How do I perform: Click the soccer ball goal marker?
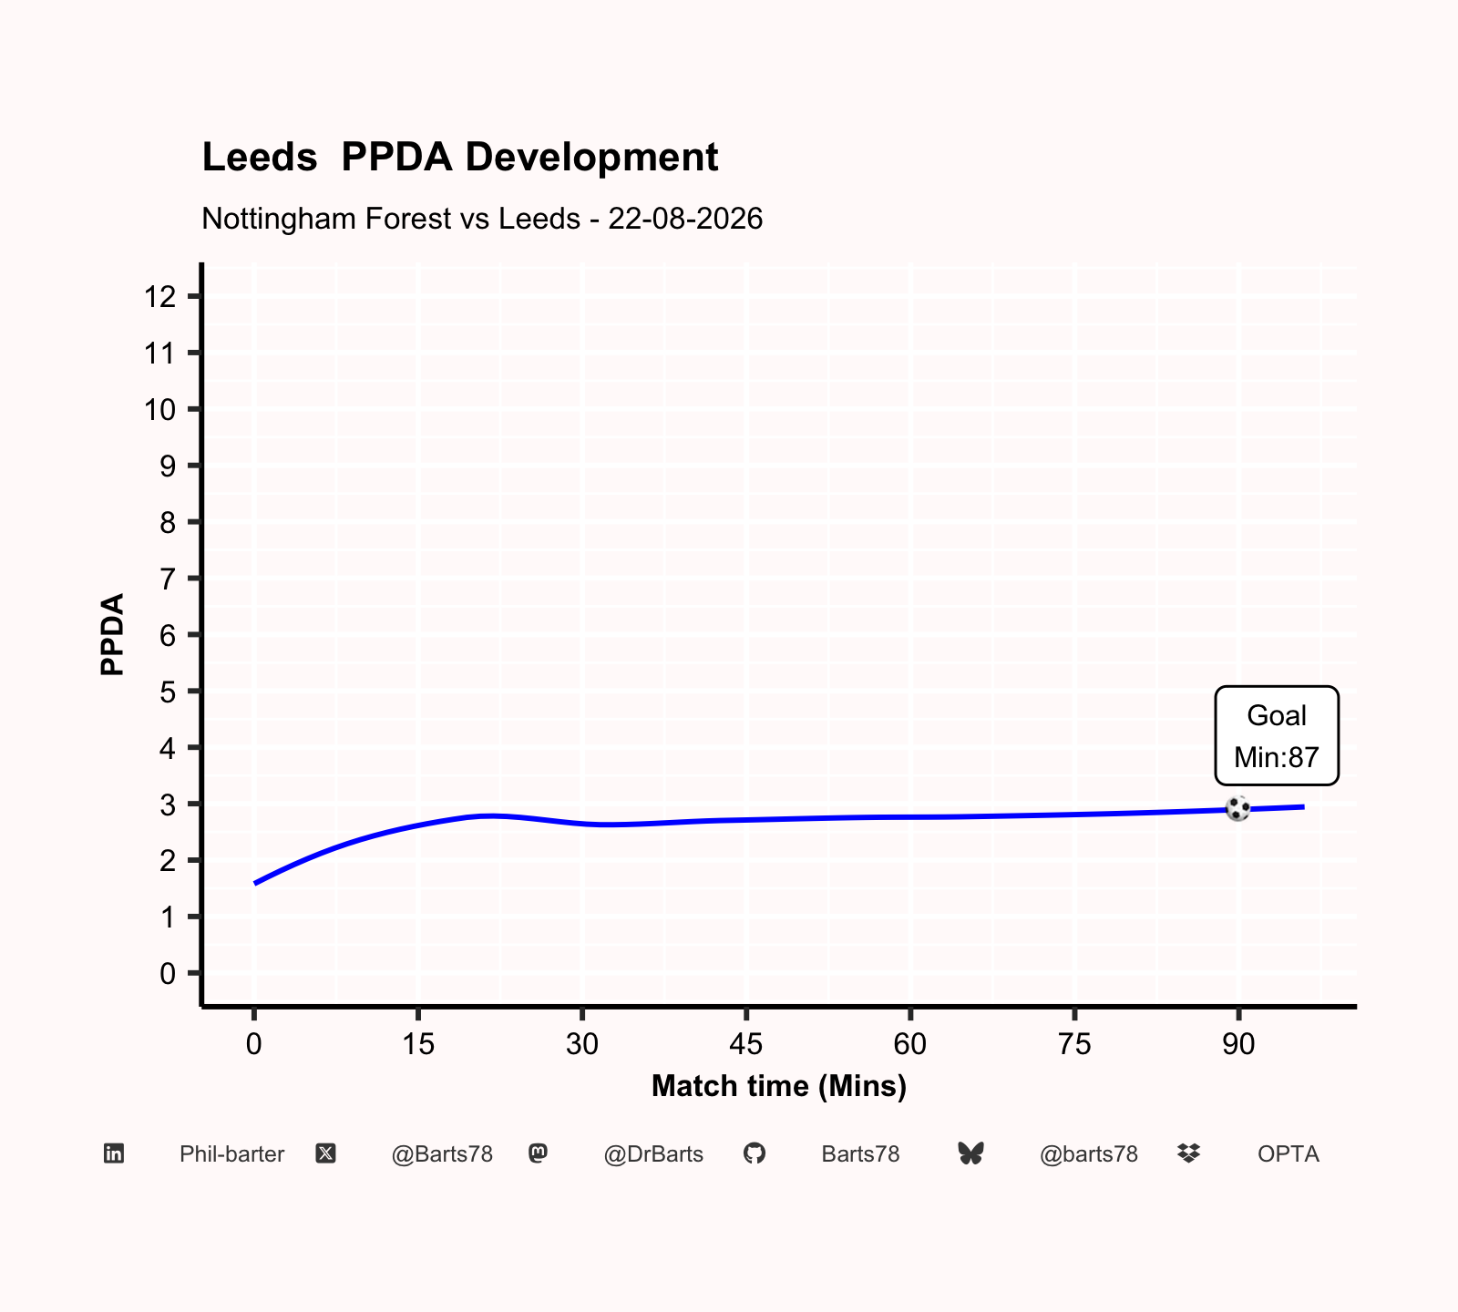tap(1237, 808)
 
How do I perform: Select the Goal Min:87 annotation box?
tap(1277, 735)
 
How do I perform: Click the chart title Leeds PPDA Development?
tap(460, 158)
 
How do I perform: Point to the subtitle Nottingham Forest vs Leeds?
tap(391, 219)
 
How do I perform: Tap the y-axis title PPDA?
tap(112, 634)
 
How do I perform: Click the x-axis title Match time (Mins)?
tap(779, 1086)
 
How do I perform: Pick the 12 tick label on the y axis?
tap(159, 296)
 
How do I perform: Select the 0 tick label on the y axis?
tap(168, 974)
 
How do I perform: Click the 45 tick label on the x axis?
tap(746, 1044)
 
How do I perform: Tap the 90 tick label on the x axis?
tap(1238, 1044)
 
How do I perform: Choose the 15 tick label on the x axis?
tap(418, 1044)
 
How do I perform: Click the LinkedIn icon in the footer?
tap(114, 1153)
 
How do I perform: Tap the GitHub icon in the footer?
tap(755, 1153)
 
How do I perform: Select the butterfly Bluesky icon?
tap(971, 1153)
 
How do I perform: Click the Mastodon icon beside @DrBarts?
tap(539, 1153)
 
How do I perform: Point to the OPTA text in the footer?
tap(1289, 1154)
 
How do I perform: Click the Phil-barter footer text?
tap(231, 1154)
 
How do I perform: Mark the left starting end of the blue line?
tap(255, 883)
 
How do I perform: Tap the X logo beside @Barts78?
tap(325, 1153)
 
